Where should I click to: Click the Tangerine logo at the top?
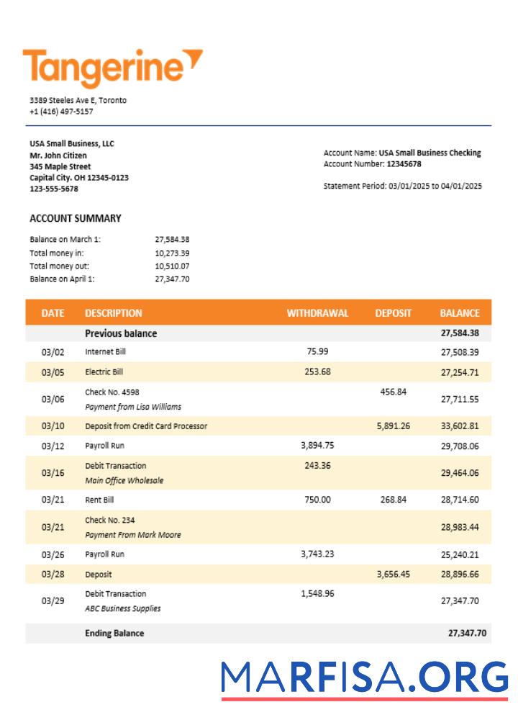click(x=112, y=67)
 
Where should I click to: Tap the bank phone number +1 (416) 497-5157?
click(x=61, y=112)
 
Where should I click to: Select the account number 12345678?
click(x=404, y=164)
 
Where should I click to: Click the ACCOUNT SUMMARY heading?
click(x=76, y=218)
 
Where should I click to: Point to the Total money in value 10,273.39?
click(x=172, y=253)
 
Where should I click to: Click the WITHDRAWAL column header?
click(x=317, y=313)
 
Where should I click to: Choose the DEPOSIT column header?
click(x=393, y=313)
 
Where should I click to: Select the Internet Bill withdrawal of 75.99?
click(x=317, y=351)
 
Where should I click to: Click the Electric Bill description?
click(x=104, y=372)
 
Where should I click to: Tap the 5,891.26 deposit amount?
click(x=393, y=426)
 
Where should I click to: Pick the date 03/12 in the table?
click(x=53, y=446)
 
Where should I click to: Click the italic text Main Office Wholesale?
click(x=124, y=480)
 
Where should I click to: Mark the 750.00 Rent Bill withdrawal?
click(x=317, y=500)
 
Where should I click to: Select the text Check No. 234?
click(x=109, y=520)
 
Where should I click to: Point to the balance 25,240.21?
click(x=459, y=554)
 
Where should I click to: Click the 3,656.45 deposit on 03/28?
click(x=393, y=575)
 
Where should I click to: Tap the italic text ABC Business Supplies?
click(x=122, y=608)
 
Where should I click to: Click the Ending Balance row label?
click(x=114, y=633)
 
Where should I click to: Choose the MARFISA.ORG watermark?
click(x=364, y=678)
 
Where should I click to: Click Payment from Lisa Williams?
click(x=133, y=407)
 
